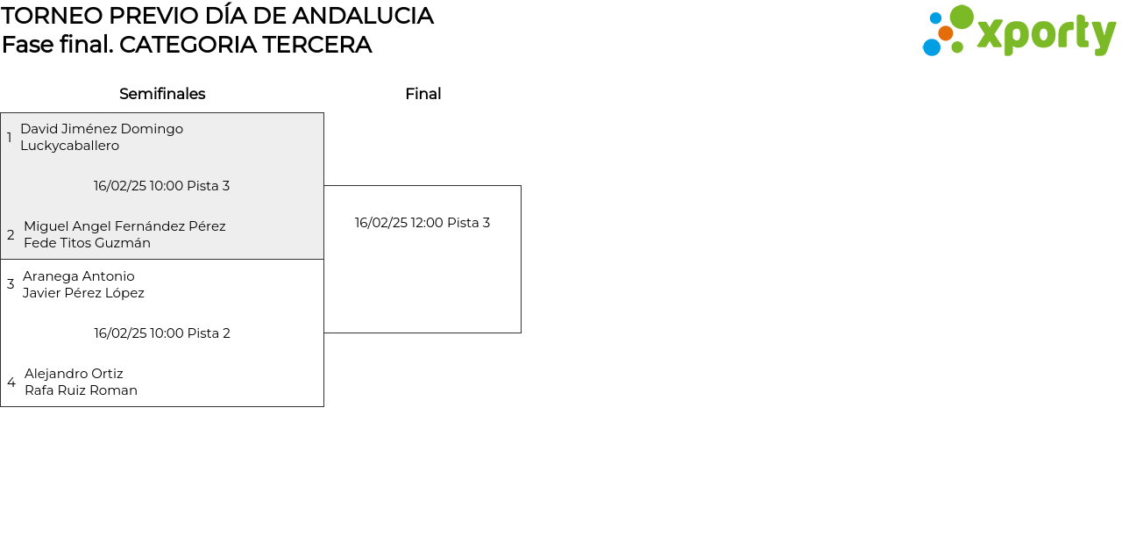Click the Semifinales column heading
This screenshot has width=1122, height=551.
coord(162,94)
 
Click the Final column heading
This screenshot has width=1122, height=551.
coord(423,94)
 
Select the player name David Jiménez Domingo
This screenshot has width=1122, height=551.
coord(102,129)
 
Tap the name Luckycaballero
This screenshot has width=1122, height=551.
coord(69,146)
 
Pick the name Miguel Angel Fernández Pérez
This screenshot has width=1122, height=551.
coord(124,226)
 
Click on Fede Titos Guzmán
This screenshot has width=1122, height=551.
coord(87,243)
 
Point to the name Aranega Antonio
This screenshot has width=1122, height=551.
coord(79,276)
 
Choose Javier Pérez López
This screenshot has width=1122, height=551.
coord(83,293)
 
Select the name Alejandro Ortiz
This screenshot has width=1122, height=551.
coord(74,374)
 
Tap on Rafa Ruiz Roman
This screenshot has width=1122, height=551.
coord(82,390)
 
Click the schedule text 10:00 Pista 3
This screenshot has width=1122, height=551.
coord(189,186)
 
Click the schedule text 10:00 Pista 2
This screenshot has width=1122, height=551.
coord(190,333)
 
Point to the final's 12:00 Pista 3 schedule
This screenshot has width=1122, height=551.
coord(451,223)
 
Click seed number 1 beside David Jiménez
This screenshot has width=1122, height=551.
coord(9,138)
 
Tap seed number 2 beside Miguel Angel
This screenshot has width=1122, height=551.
coord(11,234)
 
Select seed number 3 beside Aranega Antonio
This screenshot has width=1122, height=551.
coord(11,284)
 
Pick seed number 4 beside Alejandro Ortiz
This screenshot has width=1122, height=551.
coord(11,382)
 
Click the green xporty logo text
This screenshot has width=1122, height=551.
coord(1047,34)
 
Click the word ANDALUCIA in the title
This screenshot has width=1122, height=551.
coord(363,16)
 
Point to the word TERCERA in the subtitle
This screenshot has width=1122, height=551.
coord(316,45)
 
